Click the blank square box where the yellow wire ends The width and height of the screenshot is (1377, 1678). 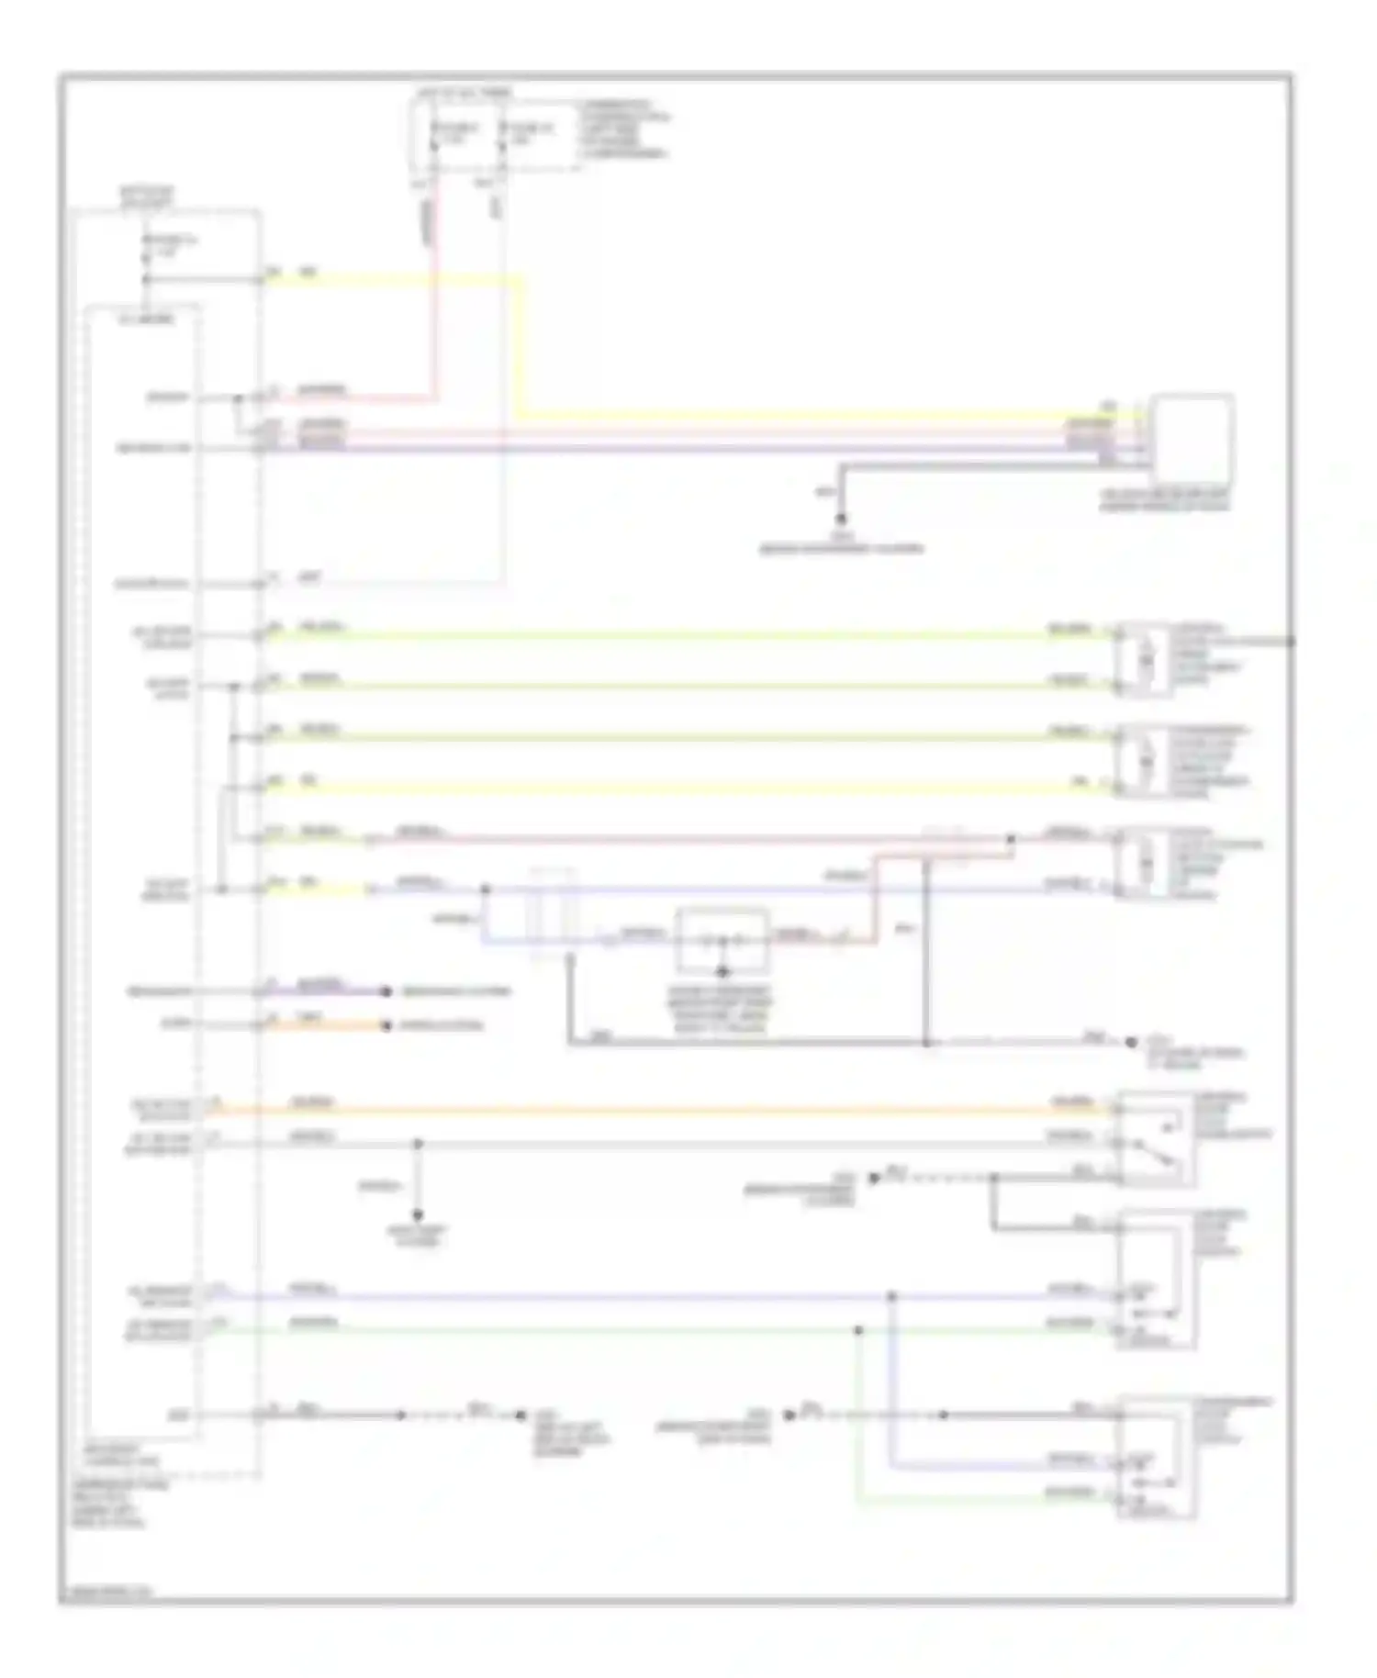tap(1192, 439)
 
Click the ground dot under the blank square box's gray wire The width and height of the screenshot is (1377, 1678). tap(840, 520)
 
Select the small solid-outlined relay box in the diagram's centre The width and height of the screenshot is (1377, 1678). tap(722, 939)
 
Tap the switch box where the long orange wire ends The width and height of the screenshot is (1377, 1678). tap(1155, 1138)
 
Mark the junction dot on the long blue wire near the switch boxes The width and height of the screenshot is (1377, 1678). tap(890, 1296)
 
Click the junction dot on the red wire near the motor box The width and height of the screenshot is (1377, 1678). tap(1011, 838)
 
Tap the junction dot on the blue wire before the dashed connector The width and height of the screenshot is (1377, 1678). tap(486, 889)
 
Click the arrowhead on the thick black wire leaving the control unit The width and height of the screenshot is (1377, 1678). tap(400, 1415)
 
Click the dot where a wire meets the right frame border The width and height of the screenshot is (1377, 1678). tap(1291, 641)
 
